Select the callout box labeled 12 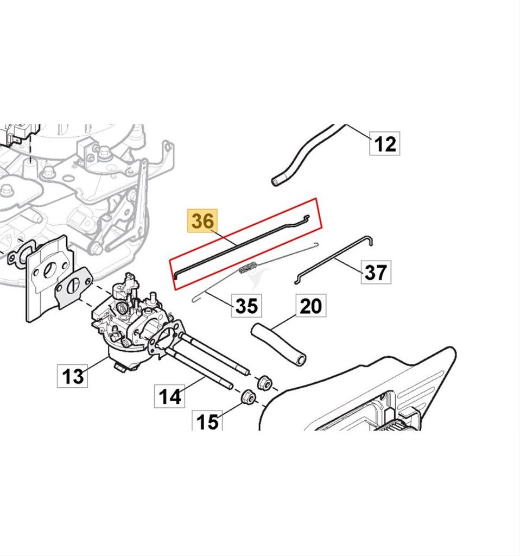(x=385, y=144)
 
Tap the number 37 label (x=376, y=271)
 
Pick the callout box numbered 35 (x=246, y=305)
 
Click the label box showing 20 (x=310, y=306)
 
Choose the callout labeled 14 (x=170, y=396)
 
